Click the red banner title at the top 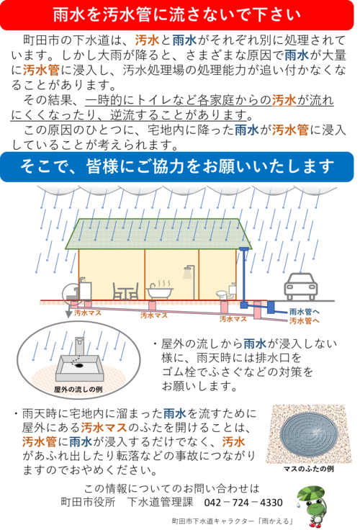[x=177, y=15]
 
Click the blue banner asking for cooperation [x=177, y=166]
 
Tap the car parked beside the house [x=300, y=287]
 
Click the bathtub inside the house [x=160, y=291]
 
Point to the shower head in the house [x=189, y=272]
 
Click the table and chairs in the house [x=125, y=292]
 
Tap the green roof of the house [x=158, y=234]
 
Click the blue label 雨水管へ [x=305, y=312]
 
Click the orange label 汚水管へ [x=305, y=320]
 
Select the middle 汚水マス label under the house [x=154, y=315]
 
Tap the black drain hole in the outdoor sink [x=79, y=365]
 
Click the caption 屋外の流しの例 [x=78, y=390]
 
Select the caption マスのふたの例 [x=309, y=469]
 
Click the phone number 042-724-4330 [x=243, y=503]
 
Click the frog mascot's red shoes [x=315, y=524]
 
